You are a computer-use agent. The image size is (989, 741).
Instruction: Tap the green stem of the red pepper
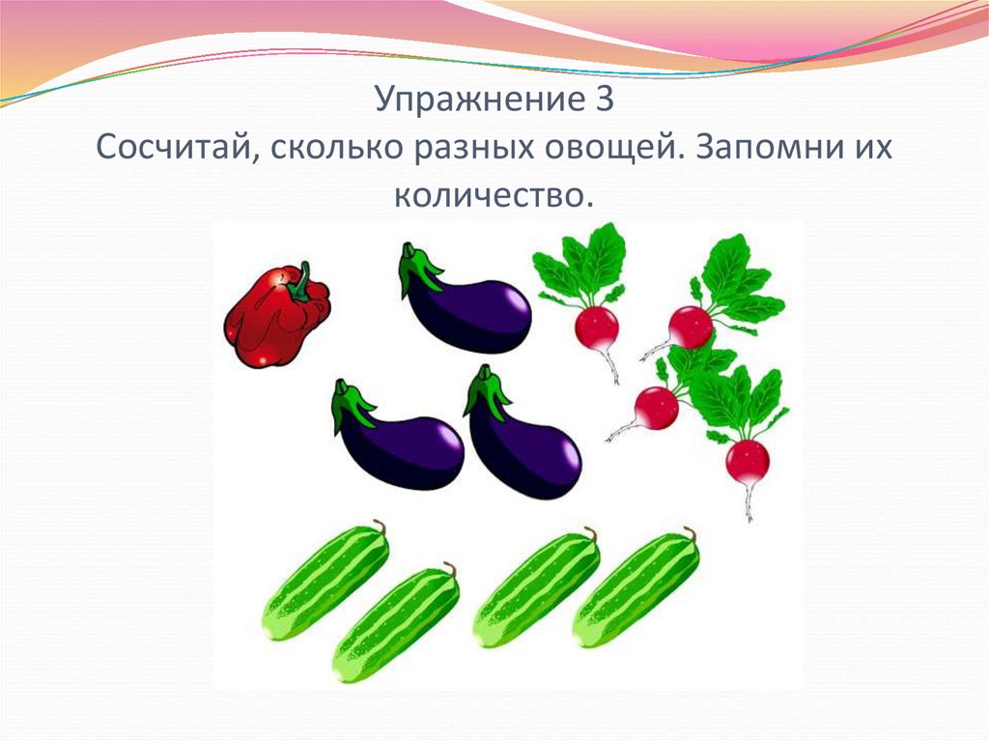click(300, 282)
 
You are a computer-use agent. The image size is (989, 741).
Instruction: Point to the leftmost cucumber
click(325, 583)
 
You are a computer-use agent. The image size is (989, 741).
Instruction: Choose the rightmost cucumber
click(636, 589)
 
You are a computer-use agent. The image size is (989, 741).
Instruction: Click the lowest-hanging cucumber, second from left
click(395, 624)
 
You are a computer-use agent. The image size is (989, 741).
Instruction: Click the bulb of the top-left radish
click(596, 328)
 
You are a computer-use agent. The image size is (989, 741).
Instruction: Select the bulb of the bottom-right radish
click(748, 462)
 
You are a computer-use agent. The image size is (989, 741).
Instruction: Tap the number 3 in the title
click(604, 101)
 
